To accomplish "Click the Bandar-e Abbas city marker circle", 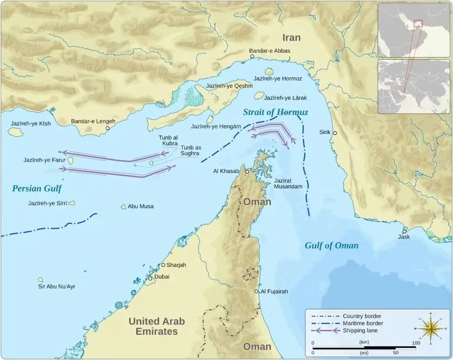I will click(252, 57).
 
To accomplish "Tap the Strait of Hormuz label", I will click(275, 112).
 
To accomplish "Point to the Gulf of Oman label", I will click(331, 246).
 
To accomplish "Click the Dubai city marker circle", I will click(150, 278).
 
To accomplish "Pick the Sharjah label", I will click(176, 265).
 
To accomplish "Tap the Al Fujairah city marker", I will click(256, 292).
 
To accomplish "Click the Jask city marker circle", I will click(404, 231).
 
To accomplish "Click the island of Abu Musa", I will click(123, 206).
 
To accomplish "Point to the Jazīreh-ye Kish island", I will click(16, 132).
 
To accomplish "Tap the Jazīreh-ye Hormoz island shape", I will click(269, 72).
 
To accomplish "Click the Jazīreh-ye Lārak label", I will click(285, 98).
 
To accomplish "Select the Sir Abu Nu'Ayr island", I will click(40, 280).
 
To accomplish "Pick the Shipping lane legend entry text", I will click(360, 331).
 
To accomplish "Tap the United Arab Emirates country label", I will click(157, 326).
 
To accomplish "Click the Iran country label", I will click(292, 37).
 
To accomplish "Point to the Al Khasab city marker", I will click(247, 172).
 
